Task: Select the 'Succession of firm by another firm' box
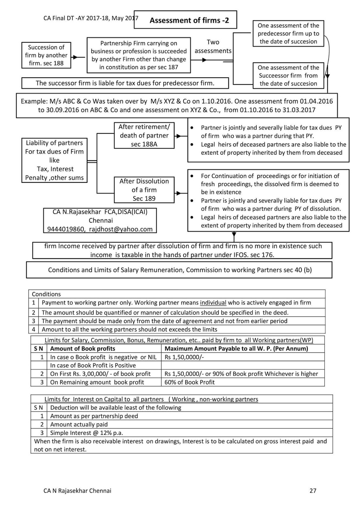[x=46, y=55]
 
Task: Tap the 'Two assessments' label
[x=213, y=46]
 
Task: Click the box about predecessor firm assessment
[x=288, y=33]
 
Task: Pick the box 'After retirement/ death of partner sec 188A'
[x=144, y=136]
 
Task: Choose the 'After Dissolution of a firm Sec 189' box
[x=144, y=190]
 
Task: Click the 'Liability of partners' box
[x=54, y=160]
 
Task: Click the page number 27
[x=313, y=491]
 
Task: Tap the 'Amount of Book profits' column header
[x=82, y=349]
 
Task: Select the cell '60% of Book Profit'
[x=190, y=382]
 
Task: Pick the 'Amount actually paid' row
[x=79, y=424]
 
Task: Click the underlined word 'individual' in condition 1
[x=213, y=303]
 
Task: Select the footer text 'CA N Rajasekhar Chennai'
[x=77, y=491]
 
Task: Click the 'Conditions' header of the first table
[x=46, y=294]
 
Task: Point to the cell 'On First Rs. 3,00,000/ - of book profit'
[x=100, y=374]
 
